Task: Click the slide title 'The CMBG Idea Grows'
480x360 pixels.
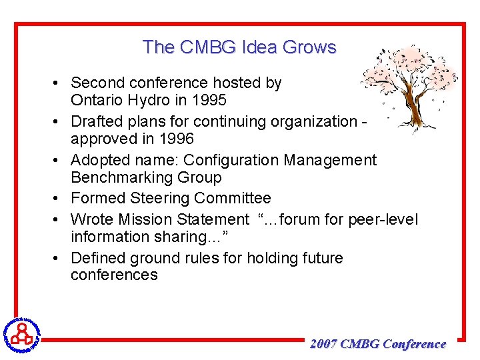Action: click(x=239, y=47)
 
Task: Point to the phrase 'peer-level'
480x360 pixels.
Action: click(x=385, y=219)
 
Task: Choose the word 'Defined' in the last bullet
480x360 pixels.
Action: click(x=99, y=257)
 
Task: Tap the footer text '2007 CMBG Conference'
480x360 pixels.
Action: click(x=378, y=344)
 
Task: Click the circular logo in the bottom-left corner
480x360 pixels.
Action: click(x=22, y=333)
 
